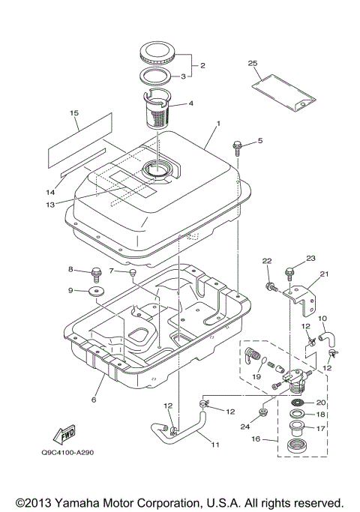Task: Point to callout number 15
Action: coord(74,113)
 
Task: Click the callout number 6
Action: coord(94,400)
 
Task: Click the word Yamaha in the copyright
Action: coord(75,502)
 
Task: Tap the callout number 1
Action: coord(218,123)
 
